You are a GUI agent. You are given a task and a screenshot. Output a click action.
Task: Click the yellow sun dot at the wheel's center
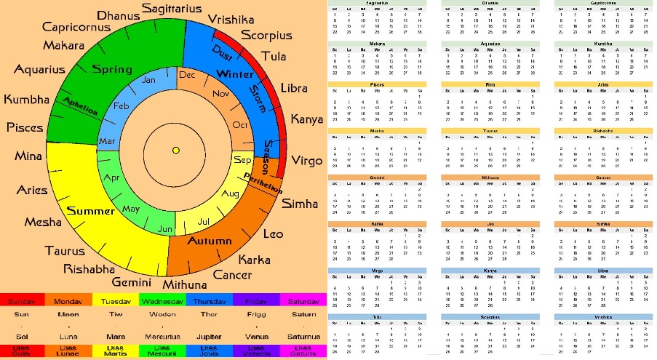click(x=175, y=151)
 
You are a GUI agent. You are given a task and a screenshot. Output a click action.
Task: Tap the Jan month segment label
click(x=148, y=80)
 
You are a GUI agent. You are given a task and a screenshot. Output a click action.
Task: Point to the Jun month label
click(x=165, y=229)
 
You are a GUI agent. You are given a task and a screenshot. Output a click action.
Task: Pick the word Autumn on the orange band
click(x=210, y=241)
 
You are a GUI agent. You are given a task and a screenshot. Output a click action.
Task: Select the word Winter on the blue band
click(x=234, y=73)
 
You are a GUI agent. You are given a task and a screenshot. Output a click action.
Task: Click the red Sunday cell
click(x=23, y=300)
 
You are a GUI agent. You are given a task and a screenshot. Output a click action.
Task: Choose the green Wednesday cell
click(x=162, y=300)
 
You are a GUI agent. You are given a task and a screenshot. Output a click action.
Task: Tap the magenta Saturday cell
click(x=303, y=300)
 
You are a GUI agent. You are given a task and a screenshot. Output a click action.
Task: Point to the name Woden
click(x=162, y=315)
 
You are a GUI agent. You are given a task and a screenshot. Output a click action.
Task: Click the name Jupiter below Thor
click(x=209, y=337)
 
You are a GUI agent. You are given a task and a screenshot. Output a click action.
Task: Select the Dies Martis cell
click(x=116, y=351)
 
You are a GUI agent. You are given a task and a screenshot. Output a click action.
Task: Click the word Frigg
click(x=257, y=315)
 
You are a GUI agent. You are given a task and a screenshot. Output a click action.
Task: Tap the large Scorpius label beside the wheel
click(x=266, y=35)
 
